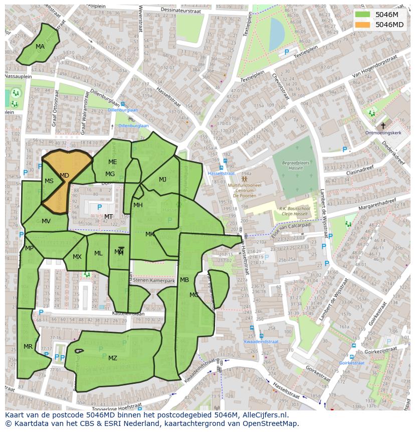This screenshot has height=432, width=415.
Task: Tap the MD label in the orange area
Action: click(x=64, y=176)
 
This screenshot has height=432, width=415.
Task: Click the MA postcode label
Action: click(x=40, y=47)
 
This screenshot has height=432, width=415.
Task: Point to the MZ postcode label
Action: click(x=113, y=358)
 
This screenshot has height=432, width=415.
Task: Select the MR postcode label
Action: click(x=28, y=347)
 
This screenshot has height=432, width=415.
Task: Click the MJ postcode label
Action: click(x=162, y=180)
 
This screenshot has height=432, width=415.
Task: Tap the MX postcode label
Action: click(x=77, y=257)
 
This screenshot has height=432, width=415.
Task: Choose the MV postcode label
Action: click(x=46, y=221)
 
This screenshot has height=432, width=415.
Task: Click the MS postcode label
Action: click(x=49, y=181)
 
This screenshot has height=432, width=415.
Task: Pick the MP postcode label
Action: click(x=29, y=248)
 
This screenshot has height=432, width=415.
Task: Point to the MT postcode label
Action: click(x=108, y=217)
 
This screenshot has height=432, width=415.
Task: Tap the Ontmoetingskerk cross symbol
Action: click(x=383, y=126)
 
